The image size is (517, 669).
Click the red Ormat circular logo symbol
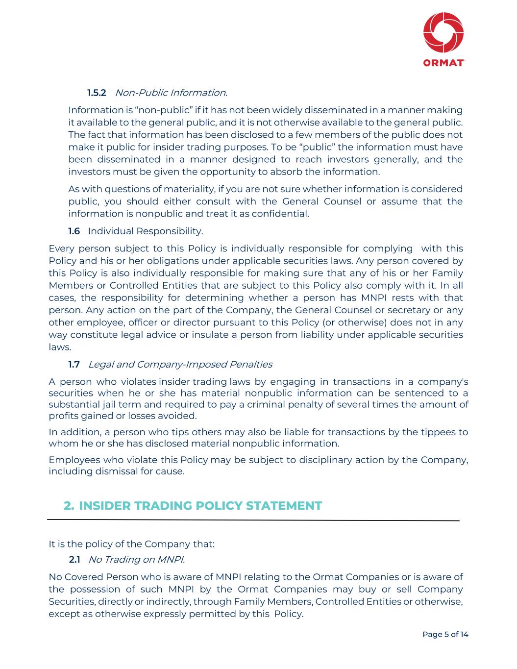(443, 32)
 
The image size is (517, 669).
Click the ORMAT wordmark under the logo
(443, 63)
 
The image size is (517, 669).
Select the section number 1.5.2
(97, 93)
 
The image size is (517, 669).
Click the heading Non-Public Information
(171, 93)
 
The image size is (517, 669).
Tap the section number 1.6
(74, 231)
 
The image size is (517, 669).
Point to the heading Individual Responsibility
(145, 231)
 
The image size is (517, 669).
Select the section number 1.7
(74, 364)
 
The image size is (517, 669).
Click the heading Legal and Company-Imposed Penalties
(180, 364)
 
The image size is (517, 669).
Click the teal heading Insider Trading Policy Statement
(200, 506)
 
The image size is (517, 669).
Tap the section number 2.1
(74, 559)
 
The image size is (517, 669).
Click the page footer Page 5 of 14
(445, 635)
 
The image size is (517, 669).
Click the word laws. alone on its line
(60, 347)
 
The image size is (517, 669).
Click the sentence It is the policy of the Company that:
(131, 544)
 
